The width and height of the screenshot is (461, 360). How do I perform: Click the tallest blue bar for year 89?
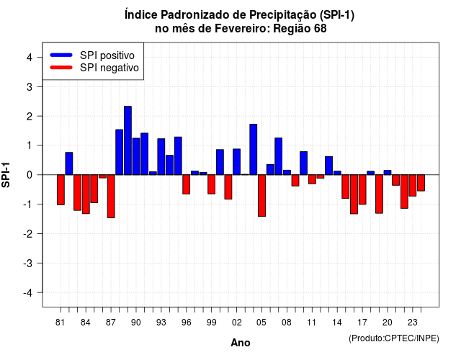coord(127,140)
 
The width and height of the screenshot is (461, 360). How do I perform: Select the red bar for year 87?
coord(111,197)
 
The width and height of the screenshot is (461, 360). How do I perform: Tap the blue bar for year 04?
coord(254,149)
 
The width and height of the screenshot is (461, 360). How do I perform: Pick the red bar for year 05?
coord(261,196)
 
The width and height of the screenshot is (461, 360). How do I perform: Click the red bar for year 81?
coord(61,190)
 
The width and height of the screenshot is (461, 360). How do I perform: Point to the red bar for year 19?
coord(379,194)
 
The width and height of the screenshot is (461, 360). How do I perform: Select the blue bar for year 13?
coord(328,166)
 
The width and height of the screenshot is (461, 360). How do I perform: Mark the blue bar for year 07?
coord(279,156)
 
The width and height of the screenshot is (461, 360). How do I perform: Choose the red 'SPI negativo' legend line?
coord(61,68)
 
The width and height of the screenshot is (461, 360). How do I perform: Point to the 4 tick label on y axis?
coord(30,58)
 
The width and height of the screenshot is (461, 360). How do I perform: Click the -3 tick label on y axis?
coord(28,263)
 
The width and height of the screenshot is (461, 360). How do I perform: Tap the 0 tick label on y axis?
coord(30,175)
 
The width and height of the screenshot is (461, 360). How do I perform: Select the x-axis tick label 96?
coord(186,323)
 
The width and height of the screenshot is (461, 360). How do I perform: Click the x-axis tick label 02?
coord(236,323)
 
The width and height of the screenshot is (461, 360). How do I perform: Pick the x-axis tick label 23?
coord(412,323)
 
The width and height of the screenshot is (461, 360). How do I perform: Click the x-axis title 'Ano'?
coord(241,343)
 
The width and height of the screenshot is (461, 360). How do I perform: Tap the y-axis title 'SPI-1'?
coord(6,175)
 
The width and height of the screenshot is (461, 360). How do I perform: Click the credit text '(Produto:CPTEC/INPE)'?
coord(394,338)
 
